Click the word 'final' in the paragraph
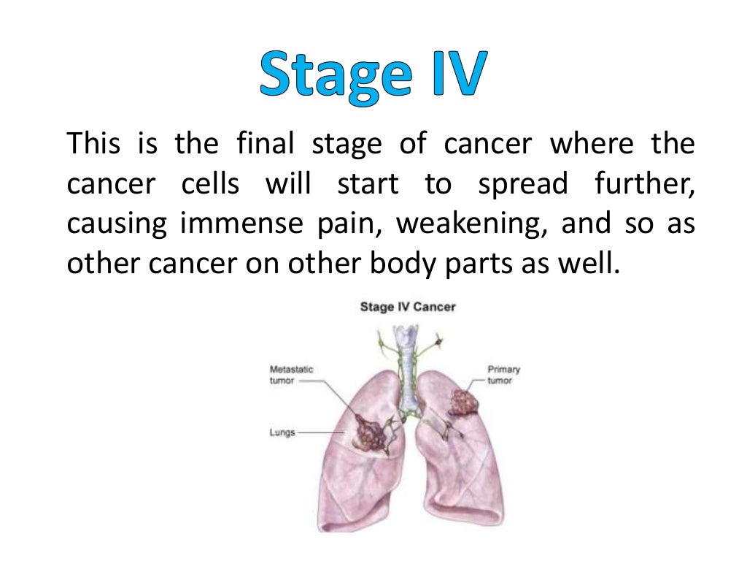point(266,144)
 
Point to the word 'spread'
point(522,183)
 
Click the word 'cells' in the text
point(210,183)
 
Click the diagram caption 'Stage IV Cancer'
point(408,307)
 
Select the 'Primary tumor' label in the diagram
point(503,375)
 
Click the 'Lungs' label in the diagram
point(282,432)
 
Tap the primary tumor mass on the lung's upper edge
point(461,401)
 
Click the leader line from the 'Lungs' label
point(321,432)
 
